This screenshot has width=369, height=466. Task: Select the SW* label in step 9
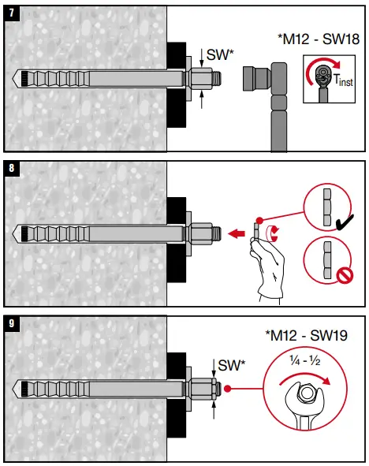(230, 366)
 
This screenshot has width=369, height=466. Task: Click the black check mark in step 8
(342, 225)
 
